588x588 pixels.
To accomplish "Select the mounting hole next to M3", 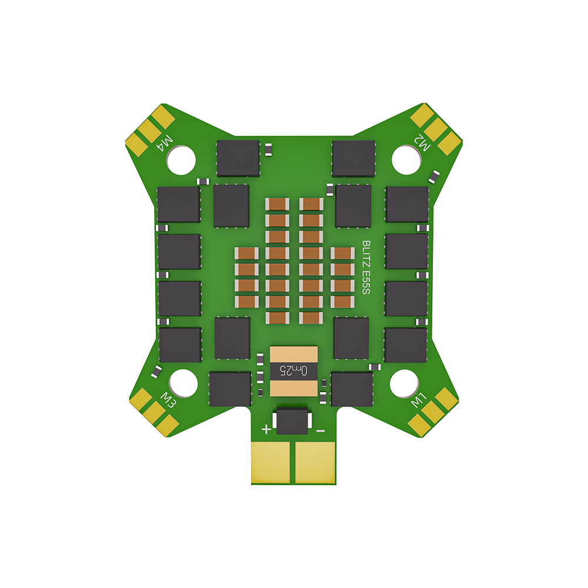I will coord(182,383).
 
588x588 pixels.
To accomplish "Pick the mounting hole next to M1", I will coord(406,383).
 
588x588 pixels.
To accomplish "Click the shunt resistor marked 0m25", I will coord(293,370).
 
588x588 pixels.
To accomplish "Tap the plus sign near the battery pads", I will coord(266,429).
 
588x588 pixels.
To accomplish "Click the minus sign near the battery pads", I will coord(320,430).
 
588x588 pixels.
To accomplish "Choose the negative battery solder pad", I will coord(315,462).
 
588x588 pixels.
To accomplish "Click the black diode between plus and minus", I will coord(293,422).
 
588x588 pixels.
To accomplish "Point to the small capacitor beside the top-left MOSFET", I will coord(268,149).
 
